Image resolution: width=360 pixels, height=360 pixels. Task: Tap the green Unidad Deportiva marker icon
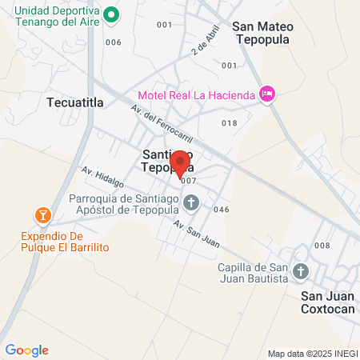click(113, 14)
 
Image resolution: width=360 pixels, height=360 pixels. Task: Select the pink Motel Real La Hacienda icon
click(268, 94)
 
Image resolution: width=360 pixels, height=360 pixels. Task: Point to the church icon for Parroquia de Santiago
click(190, 202)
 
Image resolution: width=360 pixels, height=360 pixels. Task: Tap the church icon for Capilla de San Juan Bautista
click(300, 271)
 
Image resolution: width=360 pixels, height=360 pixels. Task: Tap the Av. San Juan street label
click(197, 230)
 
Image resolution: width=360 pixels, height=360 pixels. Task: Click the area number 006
click(113, 42)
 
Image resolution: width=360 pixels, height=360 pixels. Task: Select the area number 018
click(230, 122)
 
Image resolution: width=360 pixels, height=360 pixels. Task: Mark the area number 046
click(222, 210)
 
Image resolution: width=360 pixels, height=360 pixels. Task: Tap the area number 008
click(322, 246)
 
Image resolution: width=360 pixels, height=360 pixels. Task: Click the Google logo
click(26, 350)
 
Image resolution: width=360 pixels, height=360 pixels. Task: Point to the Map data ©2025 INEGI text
click(312, 354)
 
